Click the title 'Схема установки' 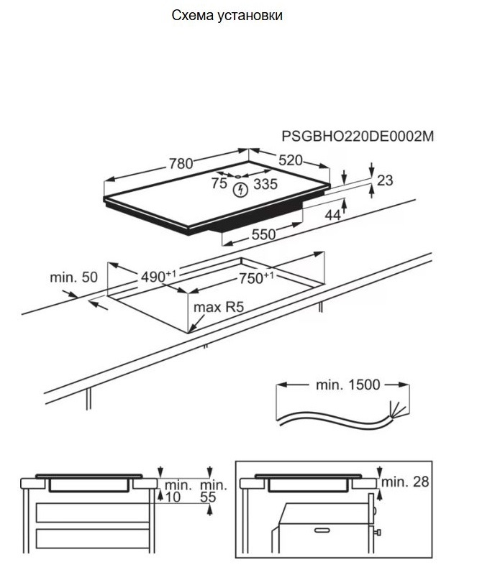(227, 15)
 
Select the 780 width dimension (181, 163)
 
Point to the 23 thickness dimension (385, 180)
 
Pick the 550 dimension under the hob (263, 234)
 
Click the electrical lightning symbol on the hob (241, 190)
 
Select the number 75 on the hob (219, 184)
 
